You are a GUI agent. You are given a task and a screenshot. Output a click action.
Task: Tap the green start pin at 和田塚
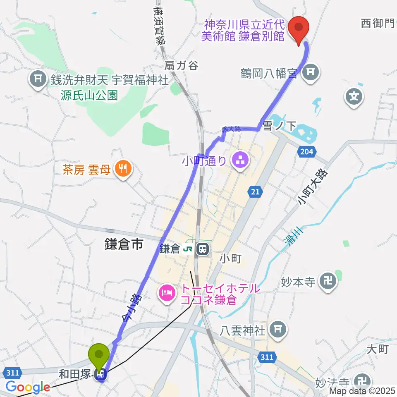[x=99, y=355]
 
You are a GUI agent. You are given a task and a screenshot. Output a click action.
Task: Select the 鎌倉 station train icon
[x=203, y=249]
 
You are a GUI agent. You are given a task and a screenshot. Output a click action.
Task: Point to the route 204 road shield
[x=306, y=152]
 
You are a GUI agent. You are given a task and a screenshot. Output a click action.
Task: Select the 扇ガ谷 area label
[x=181, y=65]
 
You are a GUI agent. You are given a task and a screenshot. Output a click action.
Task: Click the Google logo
[x=28, y=387]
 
